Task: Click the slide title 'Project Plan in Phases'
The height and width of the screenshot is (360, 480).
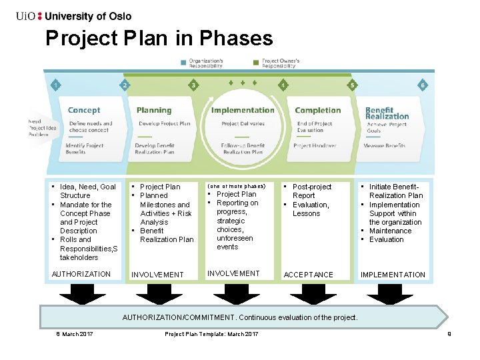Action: (159, 38)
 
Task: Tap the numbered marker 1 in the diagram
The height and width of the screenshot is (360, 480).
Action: (55, 85)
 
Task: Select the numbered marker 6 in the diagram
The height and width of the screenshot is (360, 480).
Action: (422, 85)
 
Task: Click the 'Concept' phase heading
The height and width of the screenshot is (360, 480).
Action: (84, 110)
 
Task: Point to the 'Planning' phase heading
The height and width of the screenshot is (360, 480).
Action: (154, 110)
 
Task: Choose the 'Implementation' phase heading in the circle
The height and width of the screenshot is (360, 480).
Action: (243, 110)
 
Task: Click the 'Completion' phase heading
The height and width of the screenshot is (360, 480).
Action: (317, 110)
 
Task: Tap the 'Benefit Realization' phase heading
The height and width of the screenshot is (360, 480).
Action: (387, 113)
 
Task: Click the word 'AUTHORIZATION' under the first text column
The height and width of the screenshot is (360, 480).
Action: (81, 274)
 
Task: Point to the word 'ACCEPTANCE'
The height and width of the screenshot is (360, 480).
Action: (309, 275)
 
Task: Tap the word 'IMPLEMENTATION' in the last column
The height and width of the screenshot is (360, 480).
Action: (393, 275)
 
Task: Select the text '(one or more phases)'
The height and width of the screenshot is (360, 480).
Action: (236, 185)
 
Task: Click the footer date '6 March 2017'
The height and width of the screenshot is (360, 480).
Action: (75, 333)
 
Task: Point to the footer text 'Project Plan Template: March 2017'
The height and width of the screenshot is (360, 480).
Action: (211, 333)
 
